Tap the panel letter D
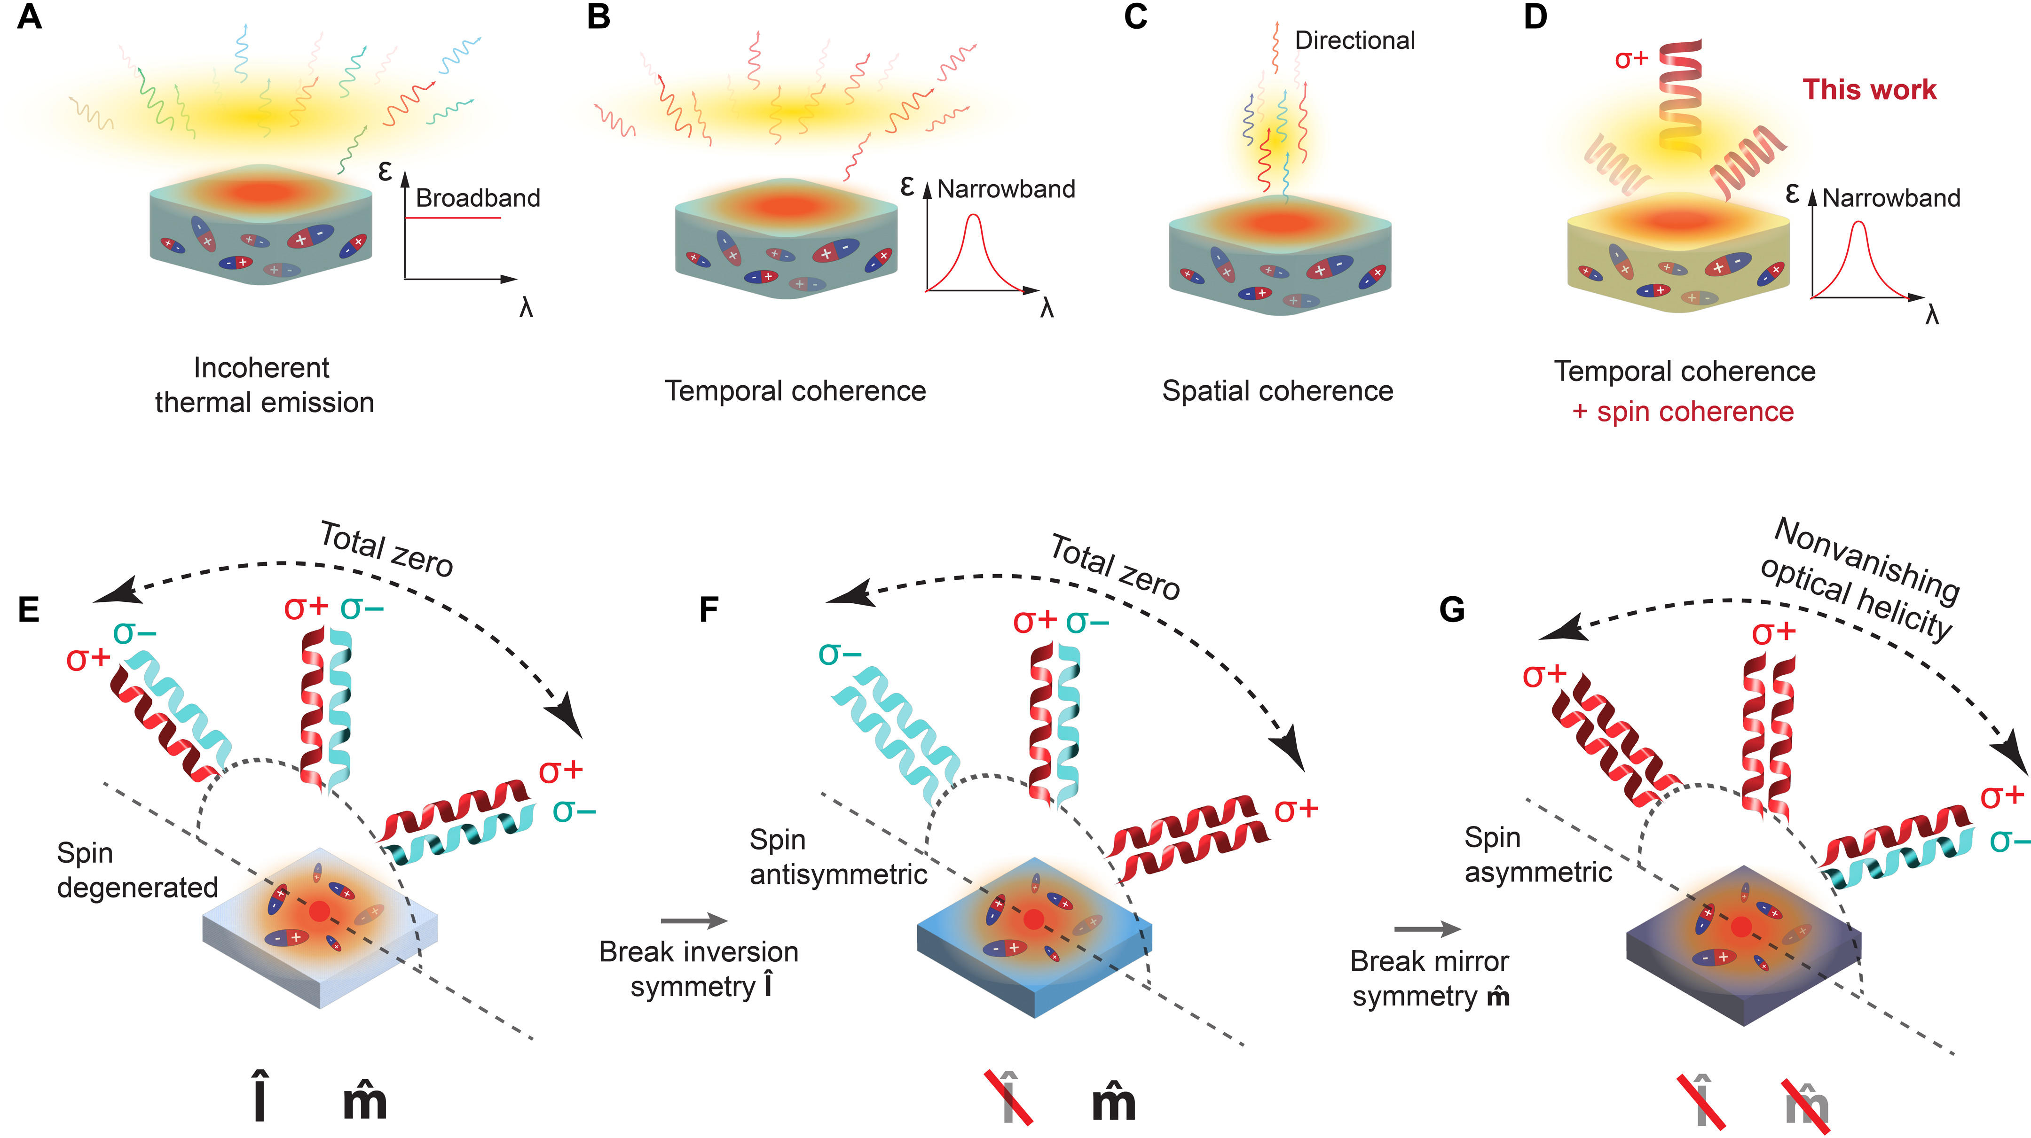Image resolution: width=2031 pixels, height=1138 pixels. [x=1535, y=16]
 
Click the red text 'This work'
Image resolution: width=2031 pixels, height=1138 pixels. [x=1869, y=89]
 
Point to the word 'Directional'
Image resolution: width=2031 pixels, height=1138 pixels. [x=1354, y=40]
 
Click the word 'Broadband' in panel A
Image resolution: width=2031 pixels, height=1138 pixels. [x=478, y=198]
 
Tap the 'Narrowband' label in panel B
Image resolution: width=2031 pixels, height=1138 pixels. [x=1006, y=189]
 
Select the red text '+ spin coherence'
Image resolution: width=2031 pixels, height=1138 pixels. [x=1683, y=412]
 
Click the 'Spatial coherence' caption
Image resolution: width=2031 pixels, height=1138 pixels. [x=1277, y=391]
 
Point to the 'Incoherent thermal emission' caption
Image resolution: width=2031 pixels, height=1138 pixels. [x=263, y=385]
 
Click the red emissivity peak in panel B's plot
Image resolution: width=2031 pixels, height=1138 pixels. [x=975, y=216]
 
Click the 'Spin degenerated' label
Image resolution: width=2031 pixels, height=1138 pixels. [x=137, y=870]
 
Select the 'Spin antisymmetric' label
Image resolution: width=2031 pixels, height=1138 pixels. [x=838, y=857]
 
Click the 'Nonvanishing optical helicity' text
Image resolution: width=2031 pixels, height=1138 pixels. [x=1861, y=579]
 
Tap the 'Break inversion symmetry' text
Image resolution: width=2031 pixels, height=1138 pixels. [x=699, y=968]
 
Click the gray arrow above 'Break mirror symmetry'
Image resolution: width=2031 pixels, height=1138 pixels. [x=1428, y=929]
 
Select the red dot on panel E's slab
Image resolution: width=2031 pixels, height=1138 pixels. [x=319, y=911]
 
